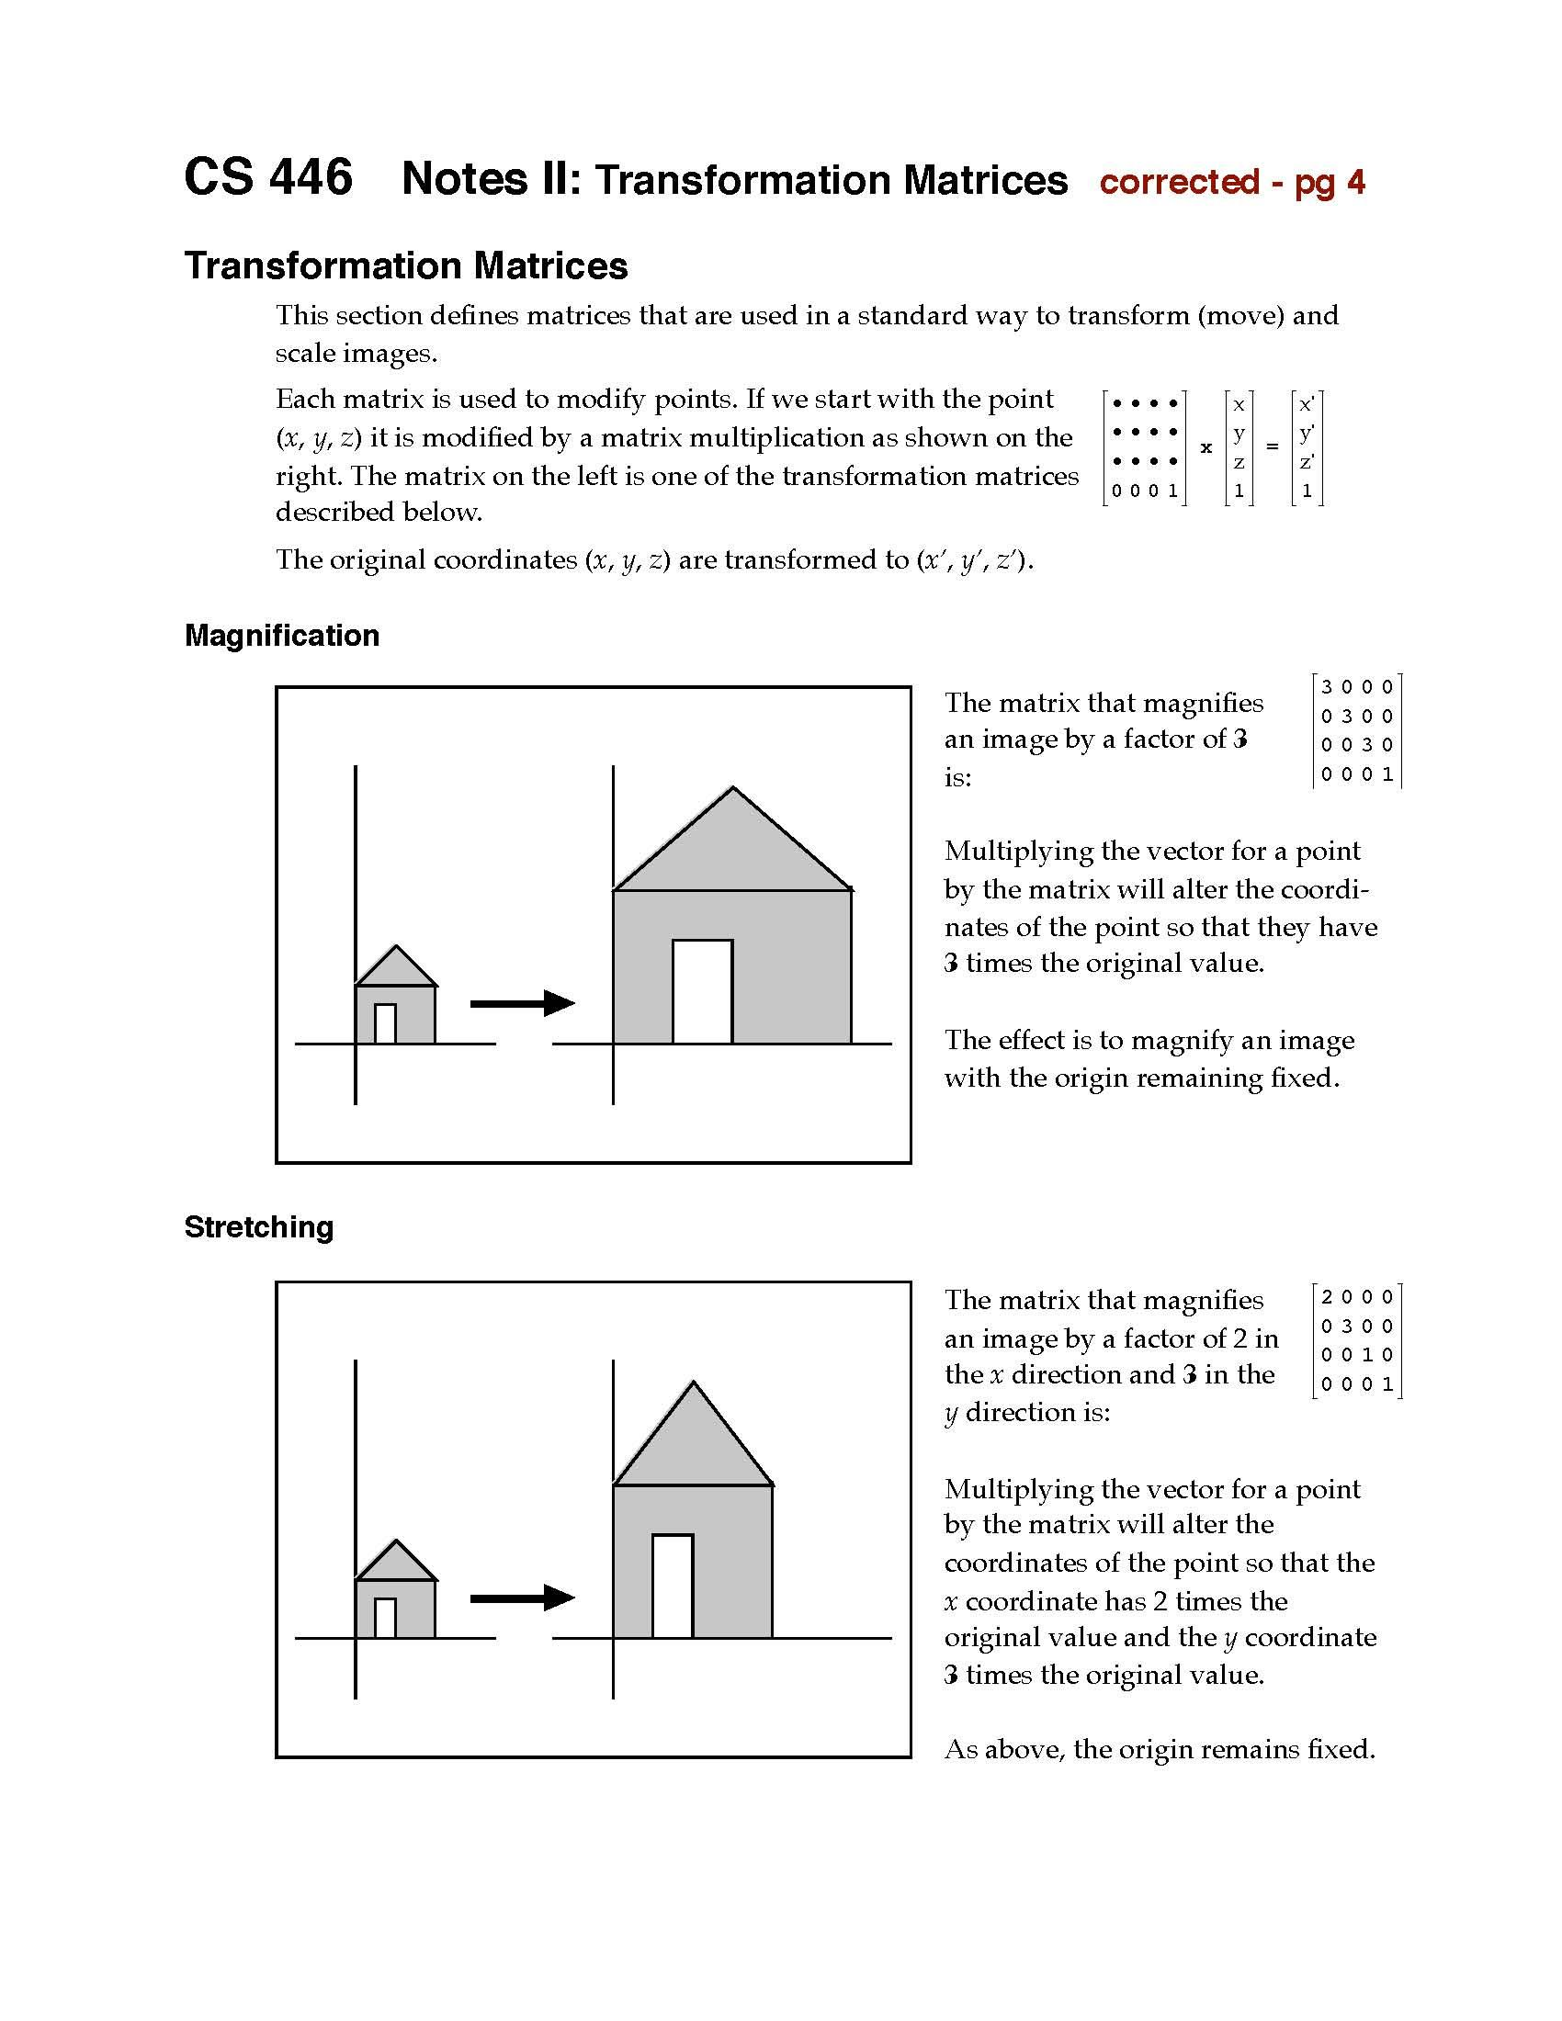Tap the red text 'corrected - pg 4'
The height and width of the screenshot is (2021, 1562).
click(x=1231, y=182)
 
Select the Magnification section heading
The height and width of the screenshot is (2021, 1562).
click(x=281, y=636)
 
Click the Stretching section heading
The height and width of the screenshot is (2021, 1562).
click(x=258, y=1227)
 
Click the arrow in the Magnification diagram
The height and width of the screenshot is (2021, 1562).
click(x=523, y=1003)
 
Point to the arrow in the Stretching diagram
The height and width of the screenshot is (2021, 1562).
click(x=523, y=1598)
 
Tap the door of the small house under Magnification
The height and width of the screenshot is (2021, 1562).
click(x=385, y=1023)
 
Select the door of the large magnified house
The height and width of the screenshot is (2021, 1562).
click(x=702, y=992)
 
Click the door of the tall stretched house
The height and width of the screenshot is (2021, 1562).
click(x=673, y=1586)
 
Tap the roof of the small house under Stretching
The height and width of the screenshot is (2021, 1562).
click(x=396, y=1564)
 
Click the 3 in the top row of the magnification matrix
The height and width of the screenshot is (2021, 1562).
click(x=1327, y=687)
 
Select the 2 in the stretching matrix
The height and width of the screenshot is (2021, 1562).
click(x=1327, y=1297)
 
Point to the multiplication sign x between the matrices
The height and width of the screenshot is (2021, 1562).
click(x=1205, y=448)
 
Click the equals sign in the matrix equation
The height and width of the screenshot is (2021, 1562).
click(x=1273, y=447)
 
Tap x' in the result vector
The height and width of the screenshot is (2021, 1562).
click(x=1307, y=404)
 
